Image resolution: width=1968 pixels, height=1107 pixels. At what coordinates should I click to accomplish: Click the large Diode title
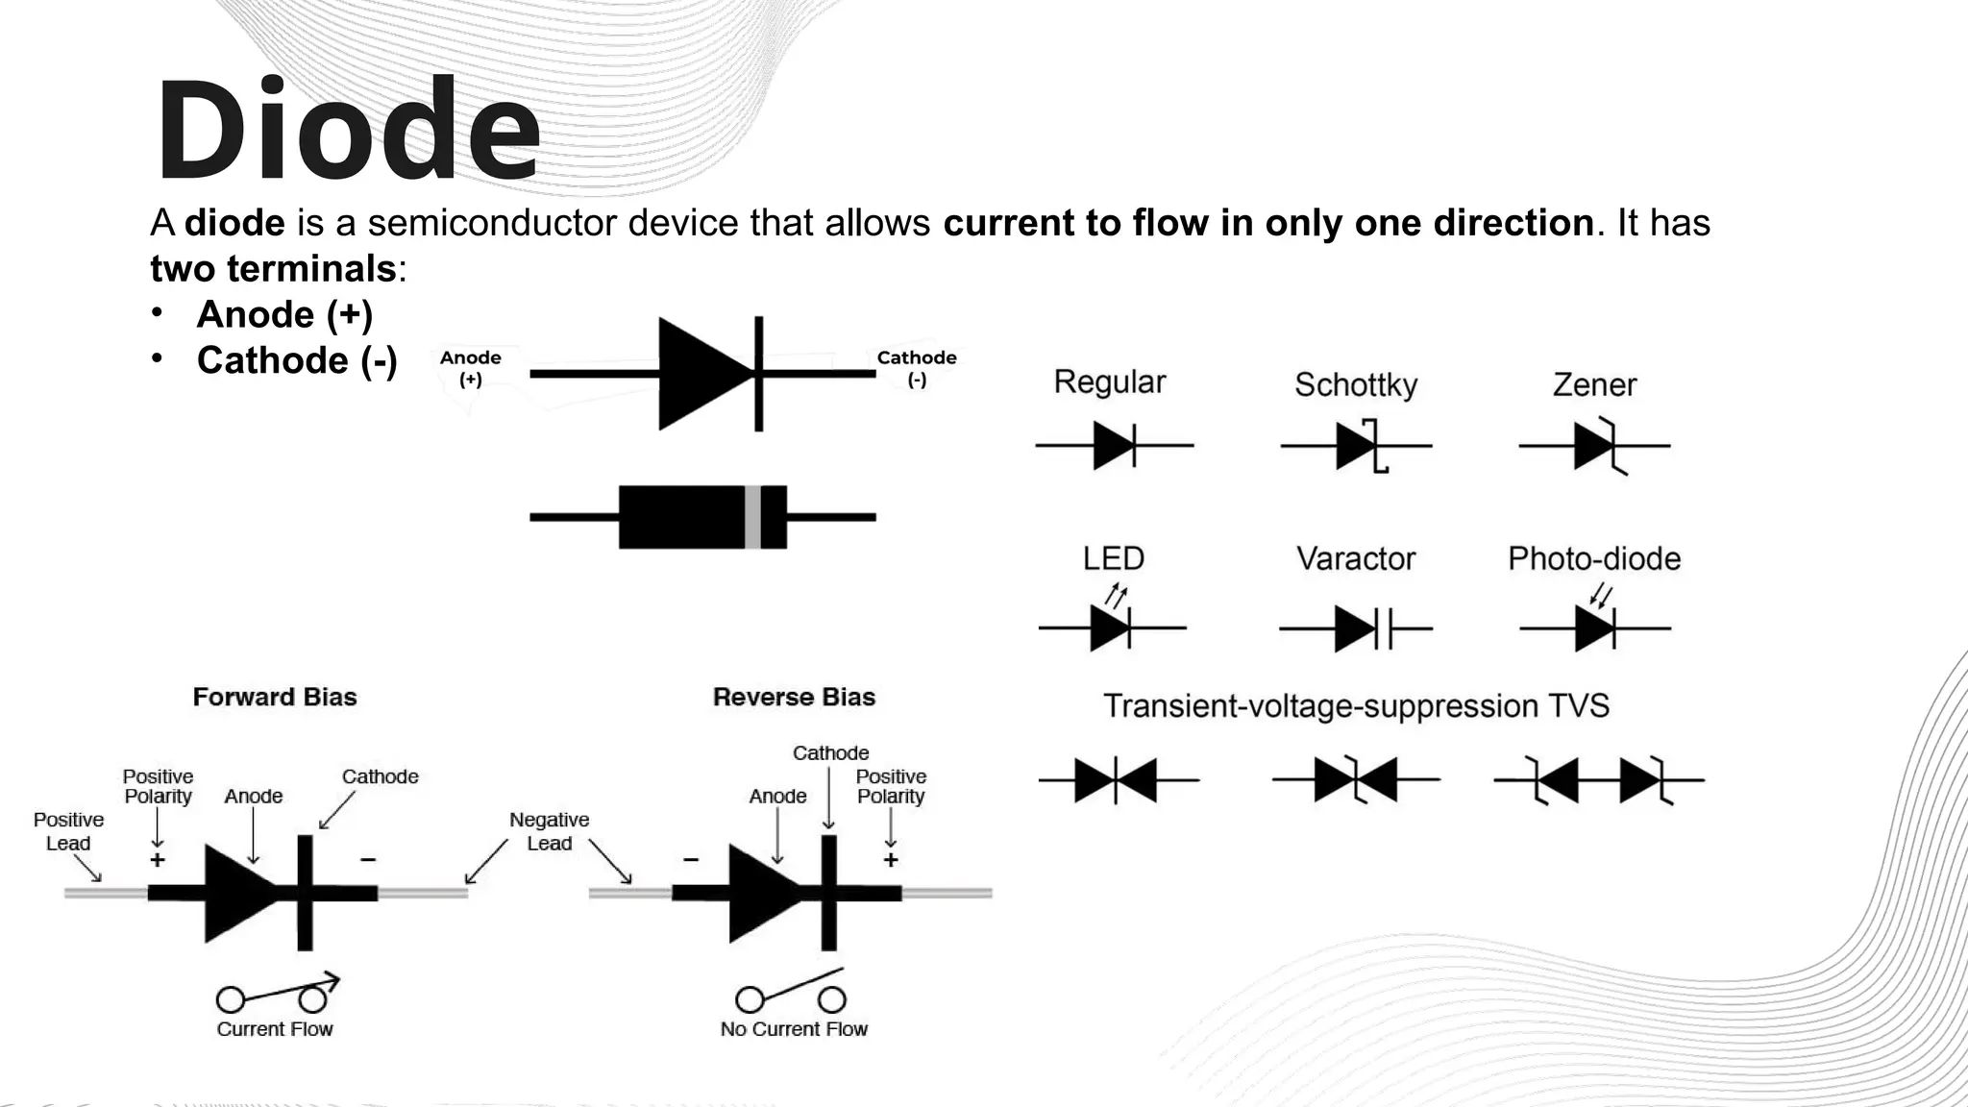[x=348, y=129]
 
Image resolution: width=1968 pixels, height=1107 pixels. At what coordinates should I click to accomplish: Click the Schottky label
[x=1355, y=384]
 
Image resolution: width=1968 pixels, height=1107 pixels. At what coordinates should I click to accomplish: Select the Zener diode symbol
[x=1595, y=446]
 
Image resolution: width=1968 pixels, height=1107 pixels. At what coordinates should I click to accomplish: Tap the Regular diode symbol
[x=1115, y=446]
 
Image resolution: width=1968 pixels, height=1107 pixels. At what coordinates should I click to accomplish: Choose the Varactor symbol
[x=1356, y=629]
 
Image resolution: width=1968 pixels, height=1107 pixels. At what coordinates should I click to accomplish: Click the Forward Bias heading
[x=275, y=697]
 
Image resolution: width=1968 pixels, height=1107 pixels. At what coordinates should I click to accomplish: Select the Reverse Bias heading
[x=794, y=697]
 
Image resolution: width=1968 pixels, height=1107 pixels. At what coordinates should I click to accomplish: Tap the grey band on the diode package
[x=752, y=517]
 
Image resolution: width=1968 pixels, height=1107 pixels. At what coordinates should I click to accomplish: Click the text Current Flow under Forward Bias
[x=275, y=1029]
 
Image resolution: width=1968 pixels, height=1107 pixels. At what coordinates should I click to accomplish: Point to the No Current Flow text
[x=794, y=1029]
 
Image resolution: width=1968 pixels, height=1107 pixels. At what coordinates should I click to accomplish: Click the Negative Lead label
[x=549, y=831]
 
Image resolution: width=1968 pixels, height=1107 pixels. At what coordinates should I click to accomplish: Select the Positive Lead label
[x=68, y=831]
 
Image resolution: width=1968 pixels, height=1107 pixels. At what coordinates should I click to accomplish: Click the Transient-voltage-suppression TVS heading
[x=1355, y=706]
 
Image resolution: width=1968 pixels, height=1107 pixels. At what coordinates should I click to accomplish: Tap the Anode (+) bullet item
[x=284, y=314]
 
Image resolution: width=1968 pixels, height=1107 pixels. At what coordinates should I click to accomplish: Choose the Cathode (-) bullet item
[x=297, y=360]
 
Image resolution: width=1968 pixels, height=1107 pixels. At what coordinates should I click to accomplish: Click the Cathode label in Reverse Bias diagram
[x=830, y=753]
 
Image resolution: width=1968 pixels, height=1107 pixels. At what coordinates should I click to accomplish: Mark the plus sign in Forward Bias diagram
[x=158, y=860]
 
